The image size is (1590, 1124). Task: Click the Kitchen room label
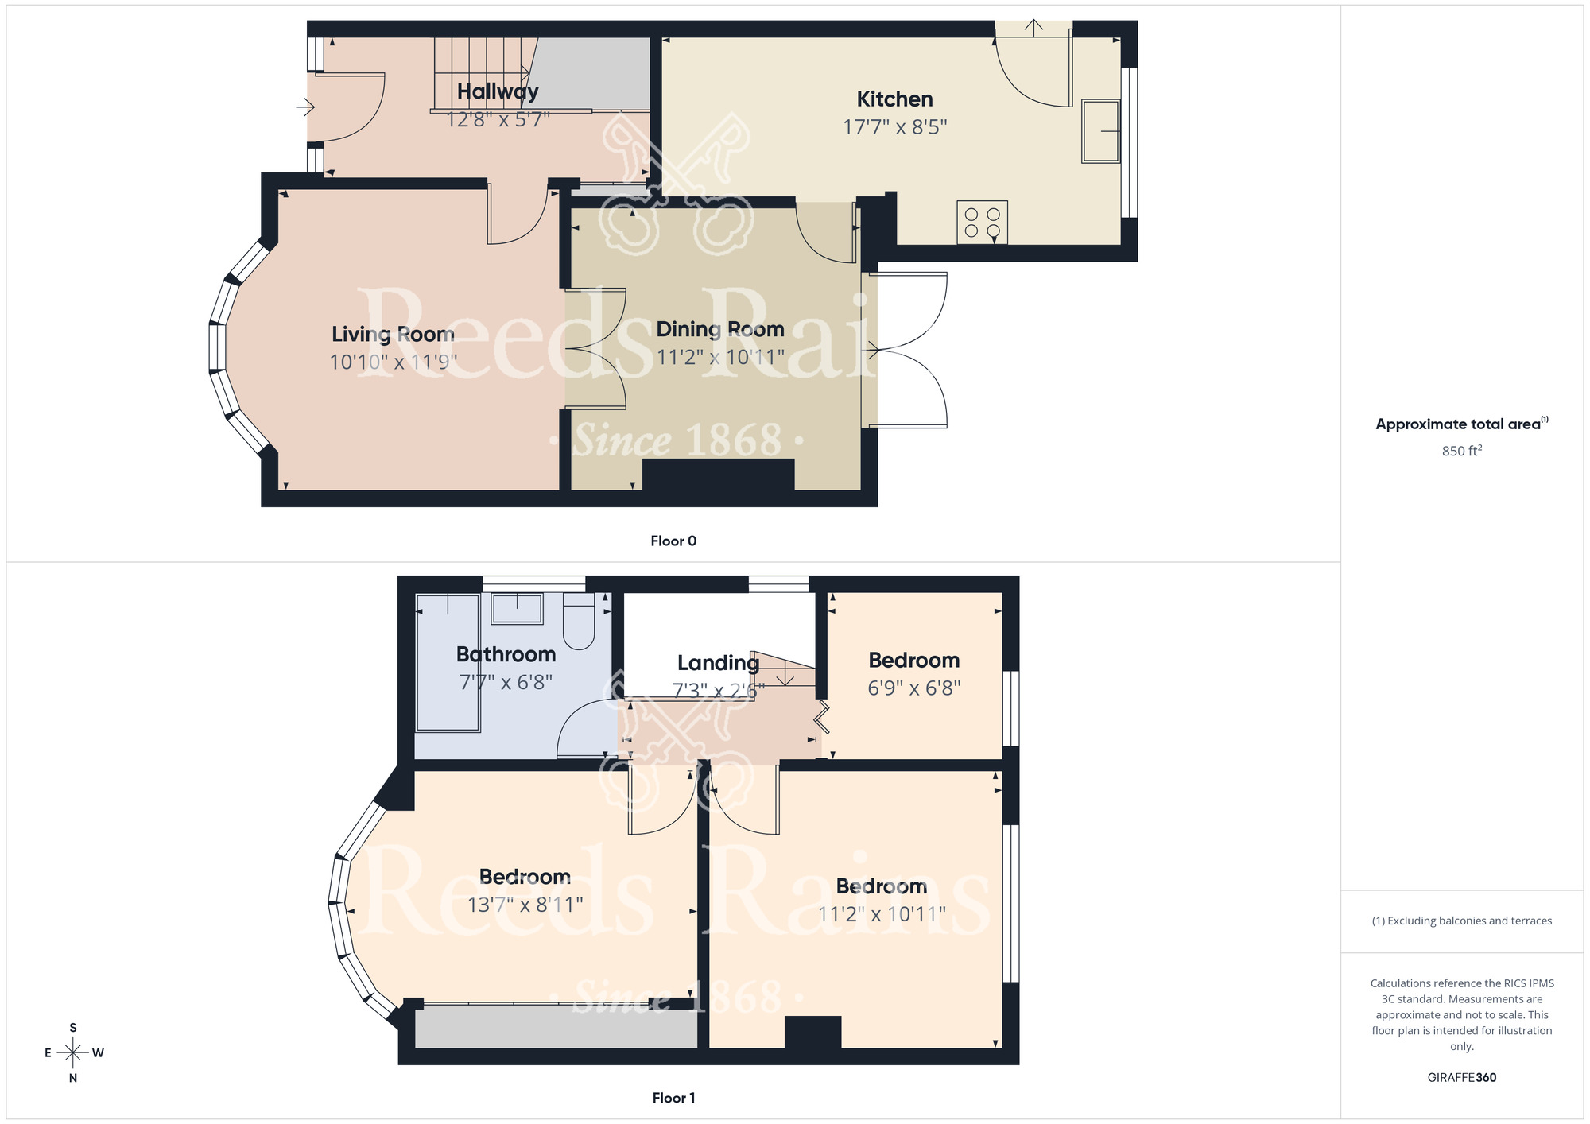pyautogui.click(x=894, y=99)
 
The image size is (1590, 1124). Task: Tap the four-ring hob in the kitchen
pyautogui.click(x=982, y=223)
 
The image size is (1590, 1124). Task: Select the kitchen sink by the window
pyautogui.click(x=1100, y=131)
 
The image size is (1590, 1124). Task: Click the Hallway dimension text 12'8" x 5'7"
pyautogui.click(x=498, y=120)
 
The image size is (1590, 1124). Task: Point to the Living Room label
pyautogui.click(x=393, y=334)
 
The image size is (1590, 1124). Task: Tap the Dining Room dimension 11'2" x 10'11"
pyautogui.click(x=720, y=357)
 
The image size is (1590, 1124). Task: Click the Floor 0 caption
pyautogui.click(x=673, y=541)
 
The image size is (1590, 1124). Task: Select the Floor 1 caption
pyautogui.click(x=673, y=1098)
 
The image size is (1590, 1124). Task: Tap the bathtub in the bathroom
pyautogui.click(x=448, y=662)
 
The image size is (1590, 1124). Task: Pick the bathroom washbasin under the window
pyautogui.click(x=517, y=609)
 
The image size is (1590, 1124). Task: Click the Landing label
pyautogui.click(x=718, y=663)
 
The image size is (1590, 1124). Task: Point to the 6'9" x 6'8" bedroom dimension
pyautogui.click(x=913, y=688)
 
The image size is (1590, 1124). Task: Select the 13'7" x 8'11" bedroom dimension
pyautogui.click(x=525, y=905)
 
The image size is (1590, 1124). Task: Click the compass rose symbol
pyautogui.click(x=73, y=1052)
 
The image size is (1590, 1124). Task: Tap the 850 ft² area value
pyautogui.click(x=1461, y=451)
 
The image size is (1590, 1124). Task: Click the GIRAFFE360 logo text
pyautogui.click(x=1461, y=1078)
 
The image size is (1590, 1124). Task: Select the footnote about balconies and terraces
pyautogui.click(x=1461, y=921)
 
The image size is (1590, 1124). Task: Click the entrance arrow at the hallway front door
pyautogui.click(x=305, y=106)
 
